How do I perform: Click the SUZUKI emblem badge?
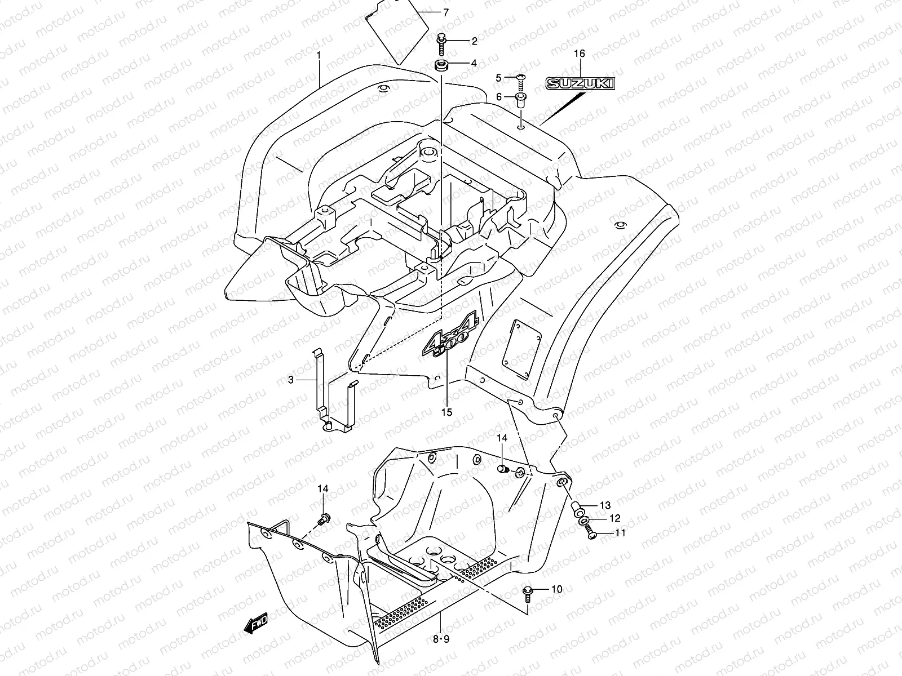[x=580, y=84]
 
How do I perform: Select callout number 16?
[x=580, y=54]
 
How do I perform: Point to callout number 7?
[x=446, y=12]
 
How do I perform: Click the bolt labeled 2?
[x=441, y=42]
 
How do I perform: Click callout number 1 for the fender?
[x=319, y=55]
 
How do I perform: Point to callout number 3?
[x=291, y=380]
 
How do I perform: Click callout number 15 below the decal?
[x=446, y=412]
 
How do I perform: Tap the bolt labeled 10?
[x=528, y=591]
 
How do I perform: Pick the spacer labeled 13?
[x=577, y=508]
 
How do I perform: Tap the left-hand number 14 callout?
[x=322, y=490]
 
